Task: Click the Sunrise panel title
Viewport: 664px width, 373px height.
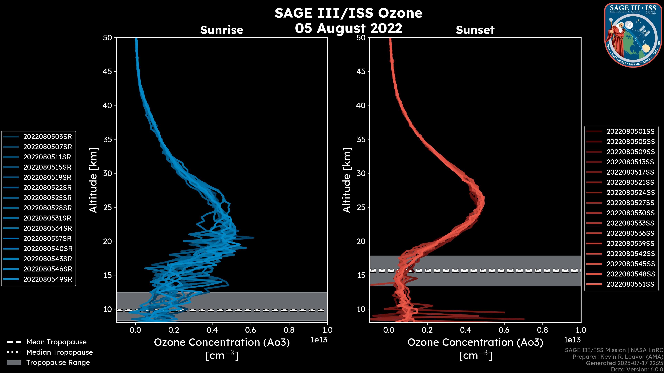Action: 222,30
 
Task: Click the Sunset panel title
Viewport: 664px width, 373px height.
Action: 475,30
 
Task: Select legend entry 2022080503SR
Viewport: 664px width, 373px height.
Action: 47,137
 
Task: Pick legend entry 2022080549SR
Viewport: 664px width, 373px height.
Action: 47,279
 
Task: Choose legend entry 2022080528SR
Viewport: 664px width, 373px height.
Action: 47,208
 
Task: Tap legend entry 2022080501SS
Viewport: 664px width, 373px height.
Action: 630,132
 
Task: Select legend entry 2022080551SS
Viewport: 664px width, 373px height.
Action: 630,284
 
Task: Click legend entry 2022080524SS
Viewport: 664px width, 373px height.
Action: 630,193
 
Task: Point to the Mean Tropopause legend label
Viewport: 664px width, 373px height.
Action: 56,342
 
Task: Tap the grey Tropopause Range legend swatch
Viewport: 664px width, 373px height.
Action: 14,362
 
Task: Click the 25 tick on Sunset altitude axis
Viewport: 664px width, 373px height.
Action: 361,207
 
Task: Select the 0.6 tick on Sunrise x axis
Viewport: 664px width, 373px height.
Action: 251,330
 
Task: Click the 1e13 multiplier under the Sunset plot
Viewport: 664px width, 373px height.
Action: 572,340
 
